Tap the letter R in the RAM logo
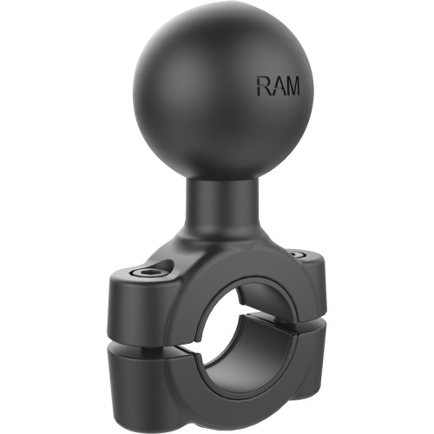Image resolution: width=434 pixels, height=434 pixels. (x=261, y=86)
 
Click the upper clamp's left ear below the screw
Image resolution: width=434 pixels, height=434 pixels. (x=139, y=308)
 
